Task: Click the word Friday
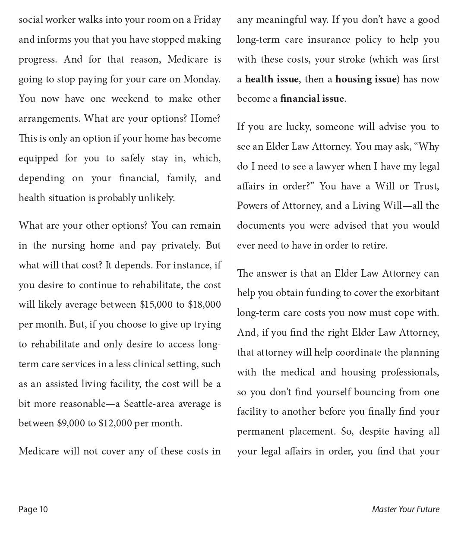click(x=207, y=20)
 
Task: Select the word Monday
click(x=201, y=79)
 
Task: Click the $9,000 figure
click(x=71, y=423)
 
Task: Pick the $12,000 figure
click(x=115, y=423)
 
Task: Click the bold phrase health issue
click(x=272, y=79)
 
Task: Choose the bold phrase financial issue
click(x=312, y=99)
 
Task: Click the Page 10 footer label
click(x=33, y=510)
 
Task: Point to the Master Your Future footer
click(x=405, y=510)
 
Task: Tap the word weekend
click(x=130, y=99)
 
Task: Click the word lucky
click(x=297, y=127)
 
